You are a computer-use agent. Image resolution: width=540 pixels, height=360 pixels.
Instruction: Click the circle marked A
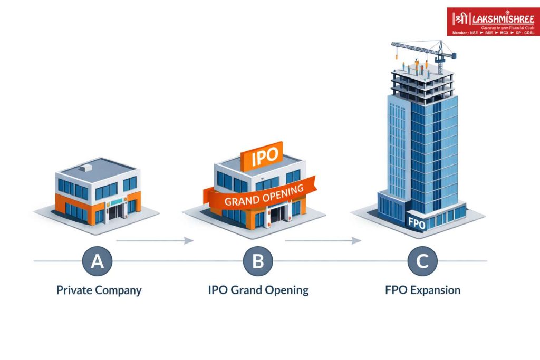point(98,261)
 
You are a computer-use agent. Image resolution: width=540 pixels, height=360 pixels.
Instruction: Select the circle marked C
point(422,261)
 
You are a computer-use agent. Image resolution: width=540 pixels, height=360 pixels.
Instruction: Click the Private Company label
point(99,290)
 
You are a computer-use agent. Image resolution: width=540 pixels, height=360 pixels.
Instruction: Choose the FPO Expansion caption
point(422,290)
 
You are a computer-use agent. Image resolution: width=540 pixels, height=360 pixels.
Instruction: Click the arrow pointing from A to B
point(155,240)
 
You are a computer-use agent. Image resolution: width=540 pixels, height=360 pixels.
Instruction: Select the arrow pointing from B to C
point(323,240)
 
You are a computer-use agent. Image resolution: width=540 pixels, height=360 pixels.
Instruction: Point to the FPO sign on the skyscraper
point(417,221)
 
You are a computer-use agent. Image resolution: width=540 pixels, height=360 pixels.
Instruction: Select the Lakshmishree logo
point(493,22)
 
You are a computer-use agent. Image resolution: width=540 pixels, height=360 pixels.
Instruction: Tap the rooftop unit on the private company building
point(86,168)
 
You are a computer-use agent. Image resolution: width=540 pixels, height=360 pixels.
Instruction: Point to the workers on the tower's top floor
point(415,66)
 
